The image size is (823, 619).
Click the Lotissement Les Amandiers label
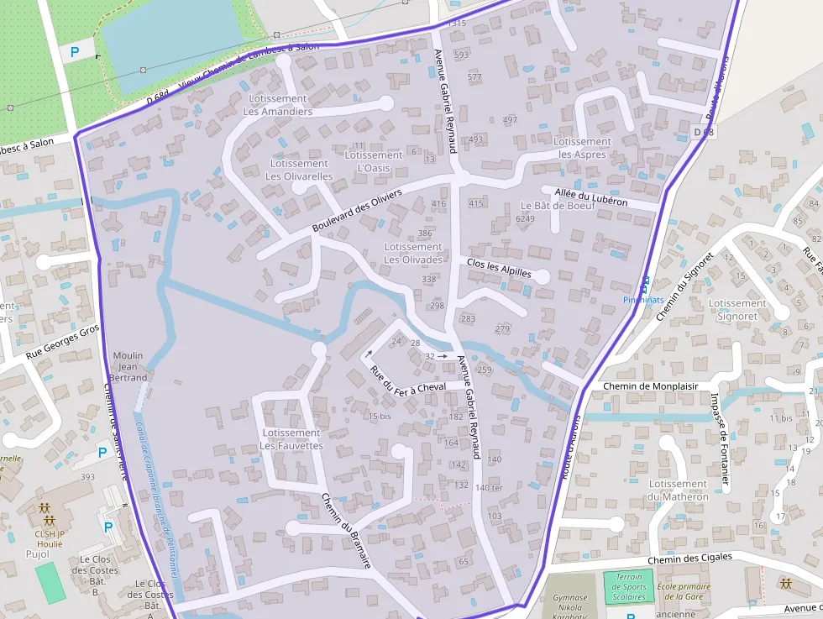pos(278,105)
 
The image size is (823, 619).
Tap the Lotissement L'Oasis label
pos(374,161)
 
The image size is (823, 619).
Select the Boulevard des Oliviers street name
pos(357,211)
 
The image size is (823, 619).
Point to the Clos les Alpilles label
pos(499,267)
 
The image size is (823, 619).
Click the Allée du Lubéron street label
pos(590,197)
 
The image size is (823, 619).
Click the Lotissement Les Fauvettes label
pos(291,439)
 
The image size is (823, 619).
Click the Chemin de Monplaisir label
pos(651,386)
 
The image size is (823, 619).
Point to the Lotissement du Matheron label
pos(678,490)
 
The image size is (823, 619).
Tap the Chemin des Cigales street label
pos(689,558)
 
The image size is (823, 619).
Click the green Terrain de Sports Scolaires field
pos(629,586)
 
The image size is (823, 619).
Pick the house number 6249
pos(525,218)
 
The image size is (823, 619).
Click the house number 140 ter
pos(488,488)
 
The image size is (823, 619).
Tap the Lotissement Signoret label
pos(737,310)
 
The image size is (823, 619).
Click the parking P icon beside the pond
pos(75,52)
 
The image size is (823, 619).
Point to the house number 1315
pos(456,24)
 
